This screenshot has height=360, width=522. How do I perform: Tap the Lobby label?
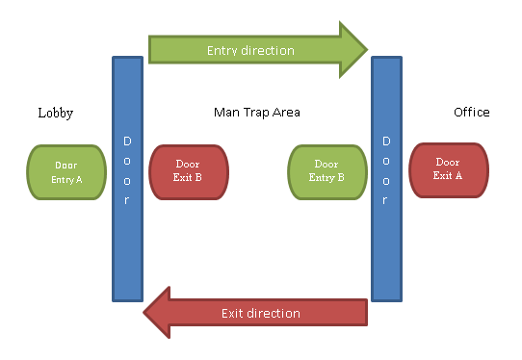55,113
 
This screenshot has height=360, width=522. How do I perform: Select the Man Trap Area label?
256,113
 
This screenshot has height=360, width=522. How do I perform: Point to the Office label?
471,113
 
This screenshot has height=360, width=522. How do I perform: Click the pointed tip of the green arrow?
366,49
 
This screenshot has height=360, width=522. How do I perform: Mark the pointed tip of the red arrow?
146,313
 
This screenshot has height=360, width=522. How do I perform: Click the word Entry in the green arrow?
223,49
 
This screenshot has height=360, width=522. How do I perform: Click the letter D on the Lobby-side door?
127,141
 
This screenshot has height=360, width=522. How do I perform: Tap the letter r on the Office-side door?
386,200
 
